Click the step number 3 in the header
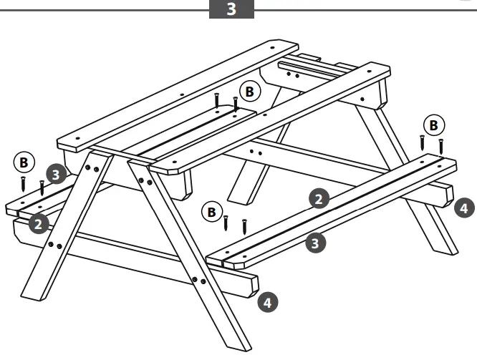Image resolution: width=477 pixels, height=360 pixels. (x=231, y=11)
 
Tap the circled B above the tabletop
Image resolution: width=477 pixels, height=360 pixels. (x=249, y=92)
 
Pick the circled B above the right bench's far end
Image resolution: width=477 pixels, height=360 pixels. (x=433, y=125)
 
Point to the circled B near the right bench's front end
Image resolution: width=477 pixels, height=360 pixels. (x=211, y=212)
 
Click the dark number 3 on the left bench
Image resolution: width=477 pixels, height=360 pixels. (x=57, y=173)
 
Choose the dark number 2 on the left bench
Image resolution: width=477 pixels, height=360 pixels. (x=39, y=223)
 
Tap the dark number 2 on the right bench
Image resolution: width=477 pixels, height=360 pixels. (x=319, y=198)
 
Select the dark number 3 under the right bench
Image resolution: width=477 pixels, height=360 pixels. (x=314, y=243)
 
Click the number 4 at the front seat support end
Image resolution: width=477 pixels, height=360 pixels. (x=267, y=302)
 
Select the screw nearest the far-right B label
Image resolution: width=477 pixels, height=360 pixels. (x=441, y=147)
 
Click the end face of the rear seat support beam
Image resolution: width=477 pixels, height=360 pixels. (x=447, y=195)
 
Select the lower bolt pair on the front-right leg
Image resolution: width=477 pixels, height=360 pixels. (x=198, y=279)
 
